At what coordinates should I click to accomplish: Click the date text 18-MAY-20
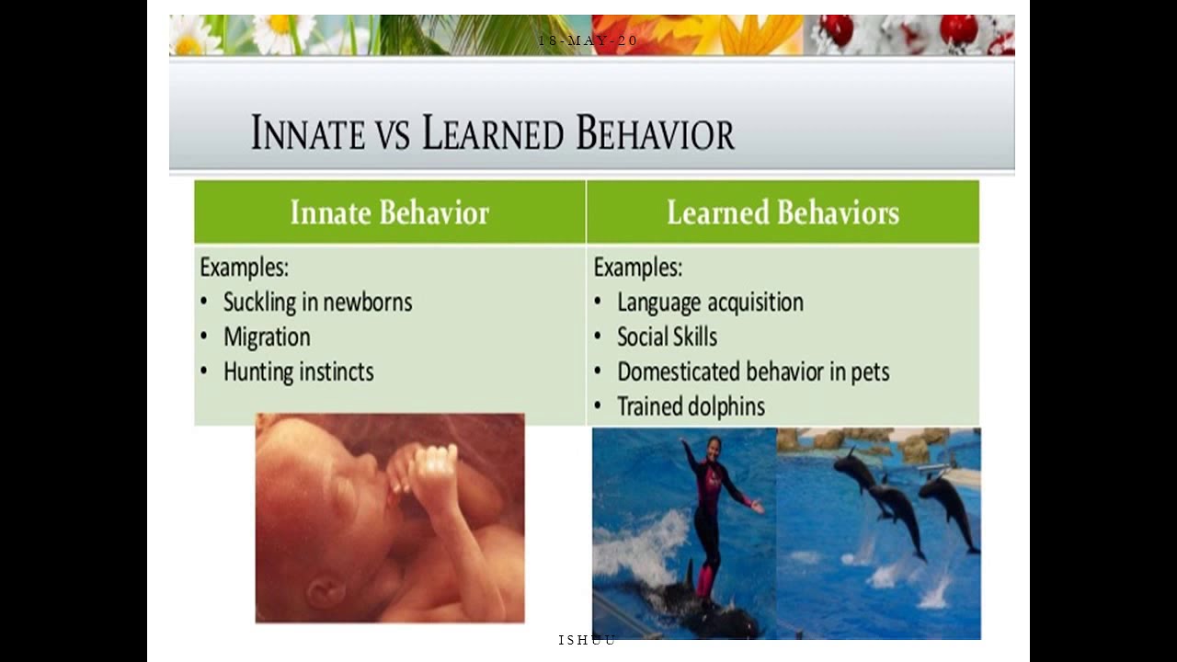[588, 40]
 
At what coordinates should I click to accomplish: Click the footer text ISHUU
[587, 640]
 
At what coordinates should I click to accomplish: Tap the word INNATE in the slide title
[308, 134]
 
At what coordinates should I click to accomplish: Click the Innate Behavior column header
[389, 212]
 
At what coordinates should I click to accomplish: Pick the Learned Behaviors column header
[783, 212]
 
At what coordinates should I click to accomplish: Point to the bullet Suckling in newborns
[317, 302]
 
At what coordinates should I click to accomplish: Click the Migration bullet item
[267, 337]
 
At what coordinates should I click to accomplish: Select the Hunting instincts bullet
[298, 372]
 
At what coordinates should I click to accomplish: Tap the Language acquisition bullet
[710, 302]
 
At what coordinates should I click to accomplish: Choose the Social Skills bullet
[667, 337]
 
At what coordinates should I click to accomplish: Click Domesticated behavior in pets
[753, 372]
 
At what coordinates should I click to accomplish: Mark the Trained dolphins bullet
[691, 406]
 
